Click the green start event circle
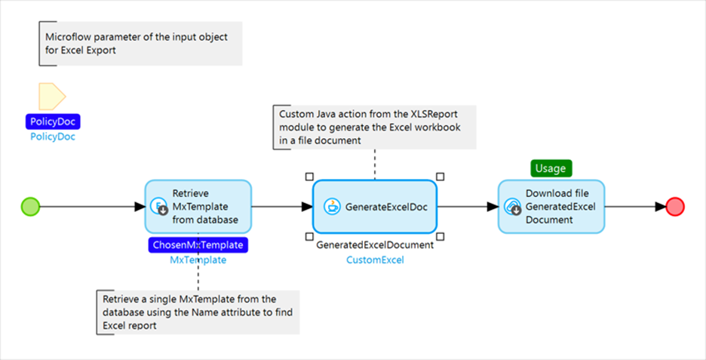(x=30, y=206)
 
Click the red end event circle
(x=675, y=206)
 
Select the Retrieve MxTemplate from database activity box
(x=198, y=206)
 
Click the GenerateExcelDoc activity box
(x=375, y=206)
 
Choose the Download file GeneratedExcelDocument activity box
(x=551, y=206)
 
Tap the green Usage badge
(x=551, y=168)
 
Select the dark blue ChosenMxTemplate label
(x=198, y=245)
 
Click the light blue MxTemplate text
(x=198, y=260)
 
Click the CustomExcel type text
(x=375, y=260)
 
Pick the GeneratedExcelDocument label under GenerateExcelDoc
(x=375, y=245)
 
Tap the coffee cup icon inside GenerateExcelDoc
(x=330, y=206)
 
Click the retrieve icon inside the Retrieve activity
(x=158, y=206)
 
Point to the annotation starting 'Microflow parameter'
(x=141, y=43)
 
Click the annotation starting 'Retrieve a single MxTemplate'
(x=198, y=312)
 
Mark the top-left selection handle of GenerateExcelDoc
(x=309, y=176)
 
